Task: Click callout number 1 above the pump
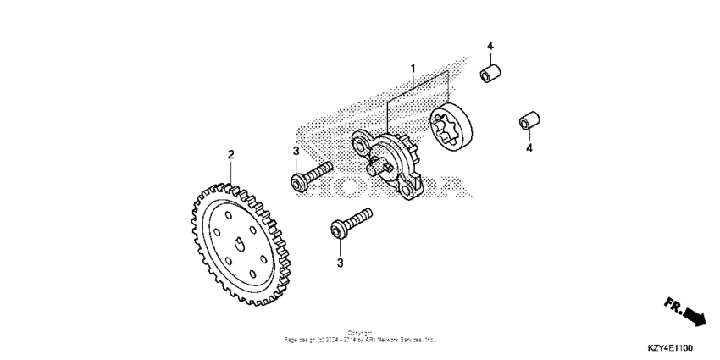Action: coord(413,67)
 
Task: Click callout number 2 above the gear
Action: coord(230,154)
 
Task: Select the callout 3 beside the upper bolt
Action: coord(296,151)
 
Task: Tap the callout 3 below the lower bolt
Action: coord(341,263)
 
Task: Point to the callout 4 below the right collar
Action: coord(529,149)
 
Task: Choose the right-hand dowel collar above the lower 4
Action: coord(529,121)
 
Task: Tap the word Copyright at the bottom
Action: coord(359,333)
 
